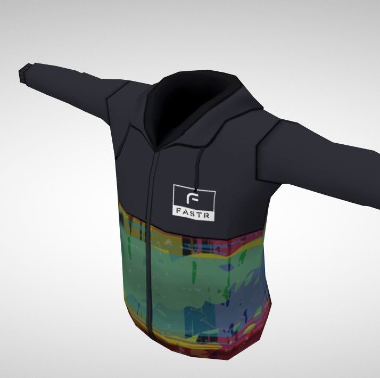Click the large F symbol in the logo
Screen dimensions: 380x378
point(193,198)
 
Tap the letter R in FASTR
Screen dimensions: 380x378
point(206,216)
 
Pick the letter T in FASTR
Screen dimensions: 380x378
point(199,215)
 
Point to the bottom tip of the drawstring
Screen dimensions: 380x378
point(195,191)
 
